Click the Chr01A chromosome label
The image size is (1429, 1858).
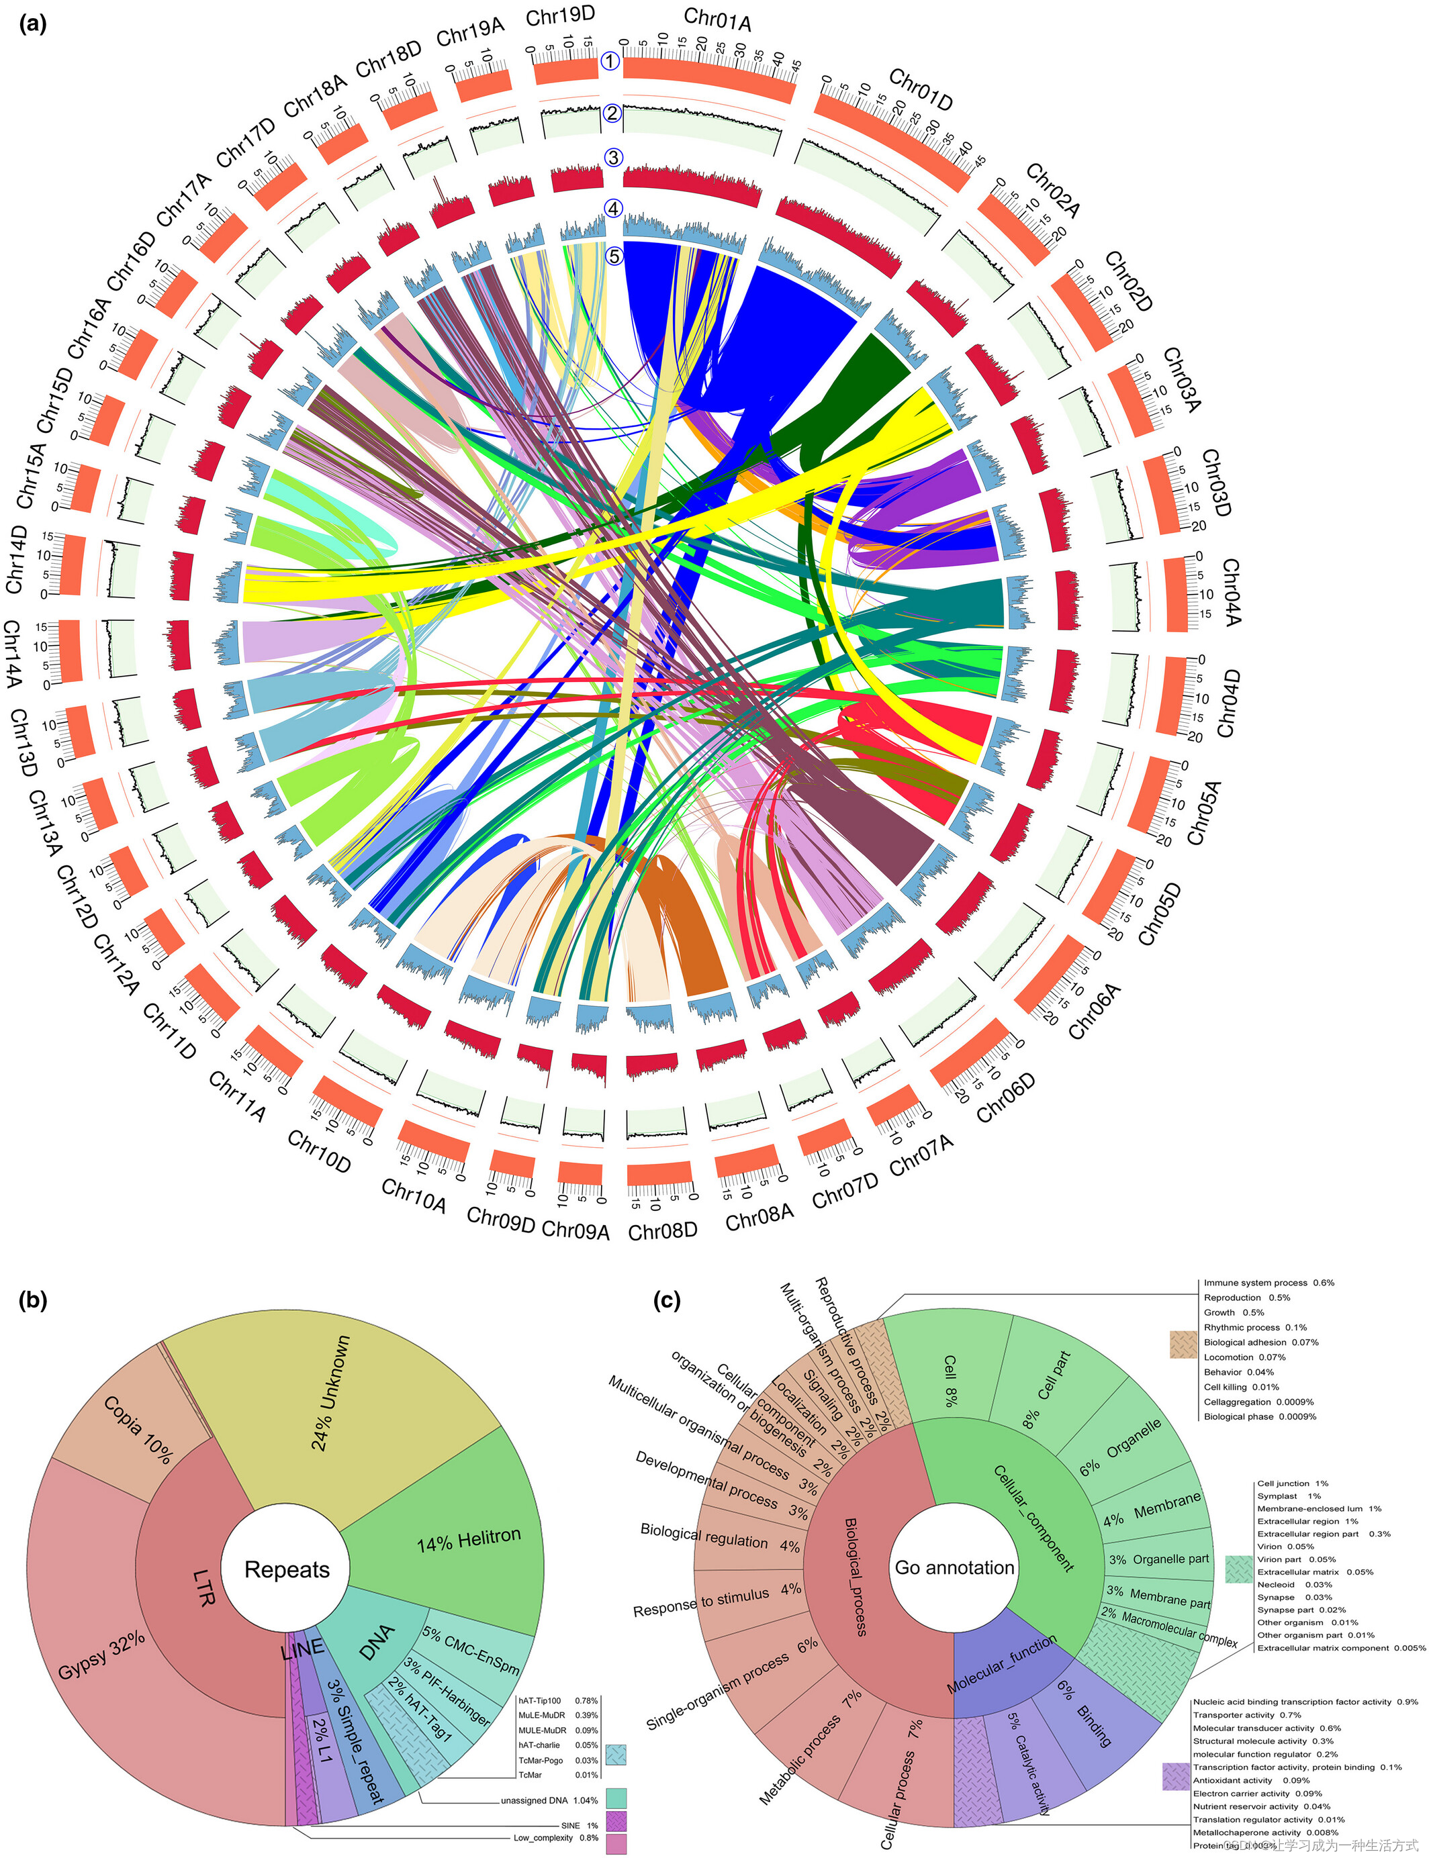click(x=717, y=19)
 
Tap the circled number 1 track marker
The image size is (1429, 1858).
click(x=610, y=61)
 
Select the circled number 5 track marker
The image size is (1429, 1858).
click(x=613, y=255)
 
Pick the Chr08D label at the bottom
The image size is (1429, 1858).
click(x=663, y=1230)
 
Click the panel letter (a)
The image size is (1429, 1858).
click(x=32, y=23)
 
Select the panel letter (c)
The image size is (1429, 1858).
click(x=667, y=1300)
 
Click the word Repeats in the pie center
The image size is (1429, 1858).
click(x=287, y=1569)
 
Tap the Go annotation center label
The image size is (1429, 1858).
click(x=954, y=1567)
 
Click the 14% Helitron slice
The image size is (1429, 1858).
click(x=468, y=1539)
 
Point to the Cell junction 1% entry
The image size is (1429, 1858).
click(x=1292, y=1483)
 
